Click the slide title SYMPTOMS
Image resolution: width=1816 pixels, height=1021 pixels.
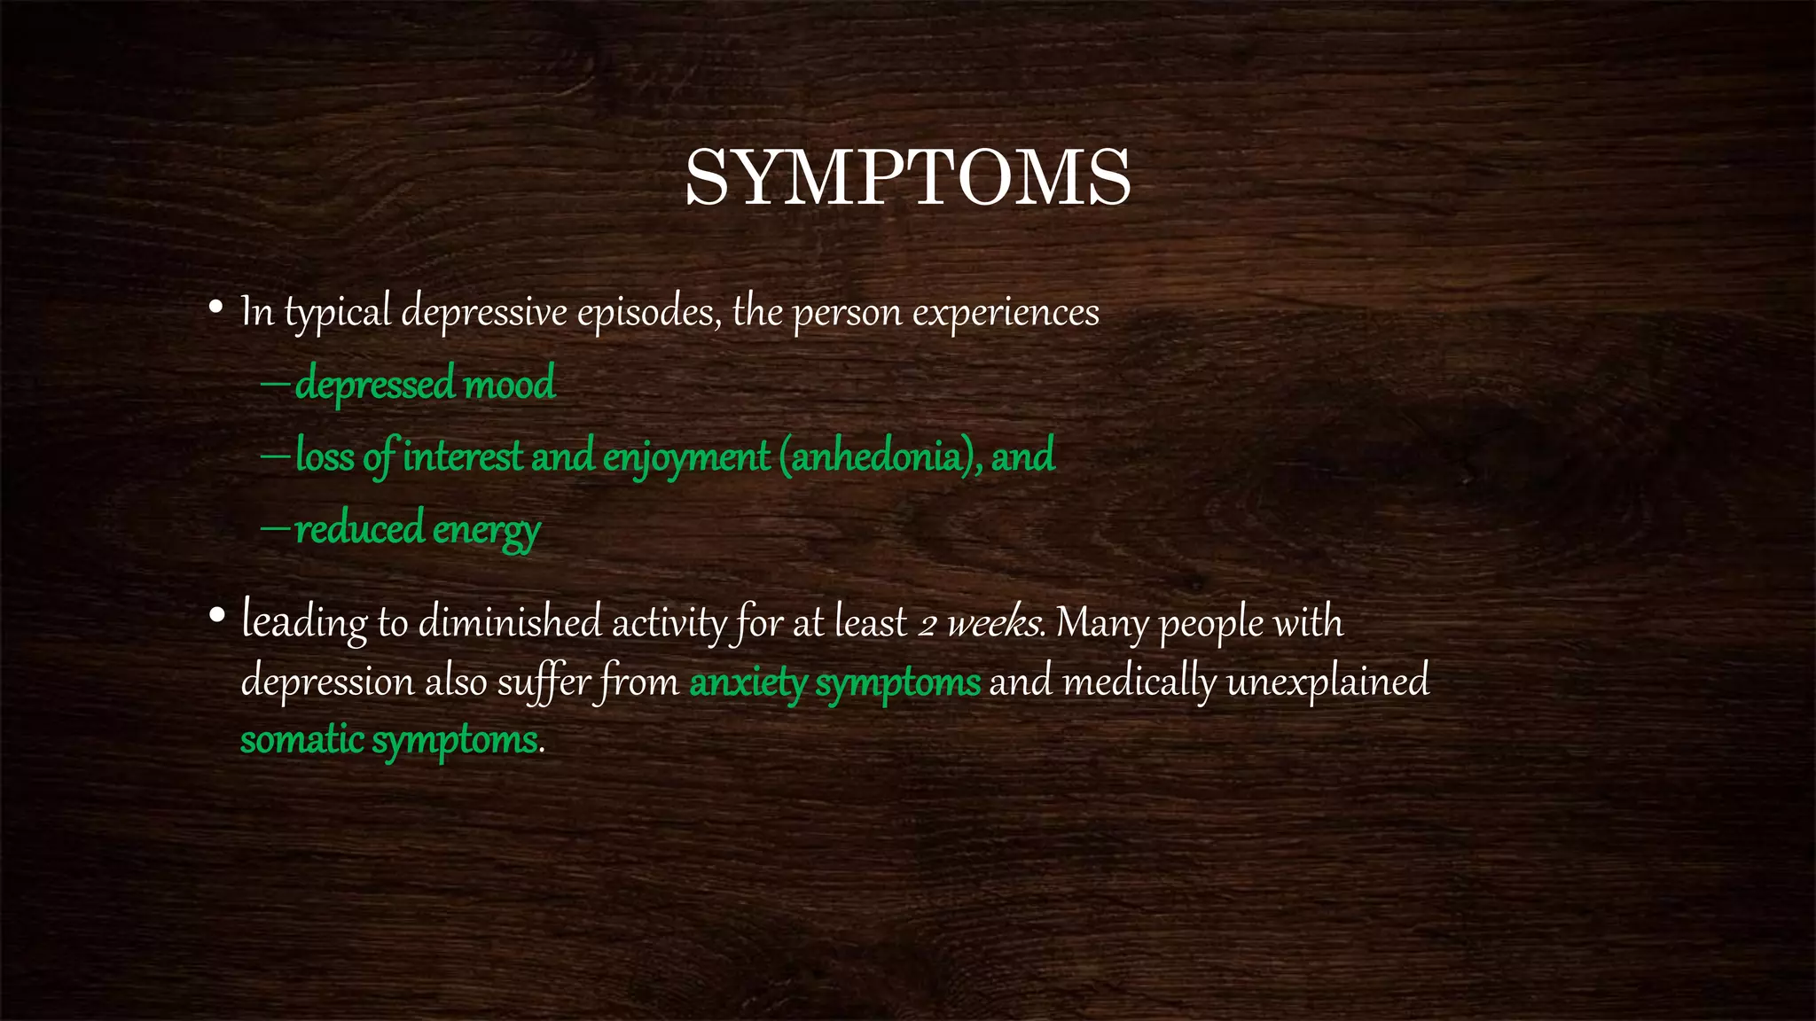click(907, 178)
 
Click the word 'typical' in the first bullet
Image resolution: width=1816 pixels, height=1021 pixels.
click(337, 312)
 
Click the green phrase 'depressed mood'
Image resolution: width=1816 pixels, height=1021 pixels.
click(425, 384)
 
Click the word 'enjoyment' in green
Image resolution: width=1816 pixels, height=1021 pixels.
click(685, 456)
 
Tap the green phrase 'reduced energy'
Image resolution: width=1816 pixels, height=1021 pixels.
click(417, 529)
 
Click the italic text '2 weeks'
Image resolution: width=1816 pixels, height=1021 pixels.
click(979, 623)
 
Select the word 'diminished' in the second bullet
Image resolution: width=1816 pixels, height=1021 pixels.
click(510, 622)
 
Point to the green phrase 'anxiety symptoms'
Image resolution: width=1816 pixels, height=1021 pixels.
click(834, 682)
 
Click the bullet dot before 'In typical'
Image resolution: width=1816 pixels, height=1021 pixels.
click(215, 308)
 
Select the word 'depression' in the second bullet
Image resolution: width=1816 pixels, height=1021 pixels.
click(327, 682)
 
